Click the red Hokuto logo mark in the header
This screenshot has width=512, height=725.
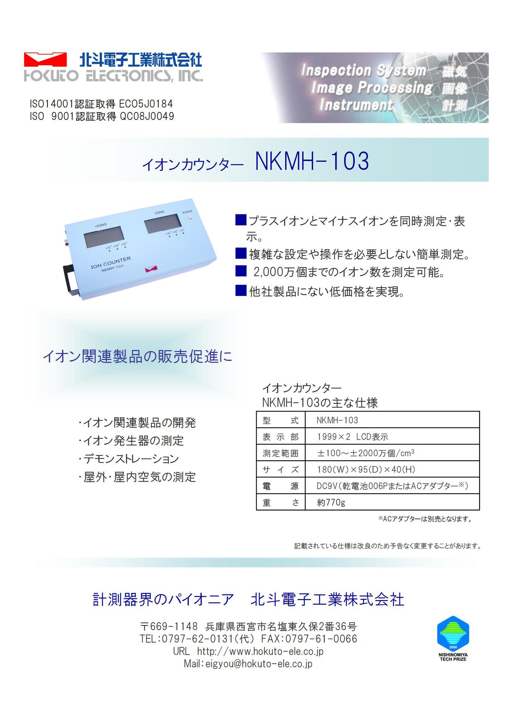45,60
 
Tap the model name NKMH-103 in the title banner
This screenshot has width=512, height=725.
312,161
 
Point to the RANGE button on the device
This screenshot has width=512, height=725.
190,217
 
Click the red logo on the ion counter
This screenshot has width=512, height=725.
151,268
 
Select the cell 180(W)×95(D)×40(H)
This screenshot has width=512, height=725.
366,469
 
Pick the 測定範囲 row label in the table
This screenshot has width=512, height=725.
280,453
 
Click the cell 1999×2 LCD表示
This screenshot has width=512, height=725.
352,437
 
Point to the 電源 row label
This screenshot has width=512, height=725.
280,486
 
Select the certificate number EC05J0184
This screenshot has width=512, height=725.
146,104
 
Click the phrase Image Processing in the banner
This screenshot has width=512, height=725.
372,88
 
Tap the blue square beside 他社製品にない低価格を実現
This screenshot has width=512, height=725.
241,290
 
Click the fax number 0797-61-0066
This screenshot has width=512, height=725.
321,639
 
